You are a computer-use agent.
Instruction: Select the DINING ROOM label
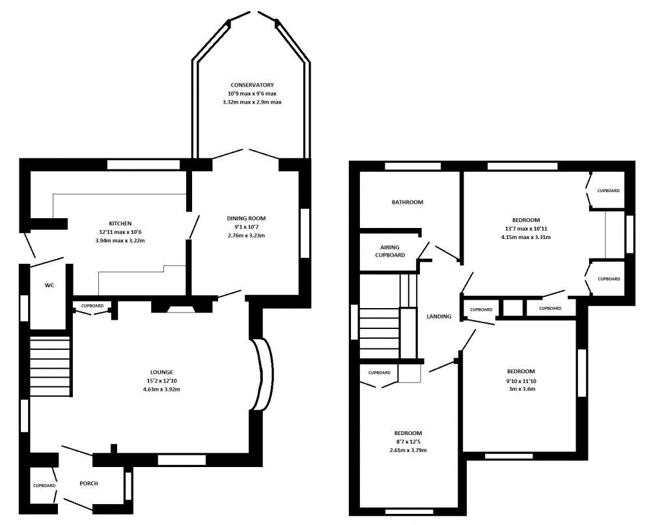click(x=246, y=218)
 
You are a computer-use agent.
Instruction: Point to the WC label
click(x=49, y=285)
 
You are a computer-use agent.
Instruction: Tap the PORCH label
click(x=89, y=483)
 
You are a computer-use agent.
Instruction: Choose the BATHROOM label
click(x=407, y=202)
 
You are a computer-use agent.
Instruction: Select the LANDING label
click(x=439, y=317)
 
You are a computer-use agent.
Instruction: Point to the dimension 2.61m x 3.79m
click(x=408, y=450)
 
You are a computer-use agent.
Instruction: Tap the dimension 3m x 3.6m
click(x=521, y=390)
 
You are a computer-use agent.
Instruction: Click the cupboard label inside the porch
click(x=44, y=485)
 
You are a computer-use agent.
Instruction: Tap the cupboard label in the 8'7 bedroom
click(x=379, y=373)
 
